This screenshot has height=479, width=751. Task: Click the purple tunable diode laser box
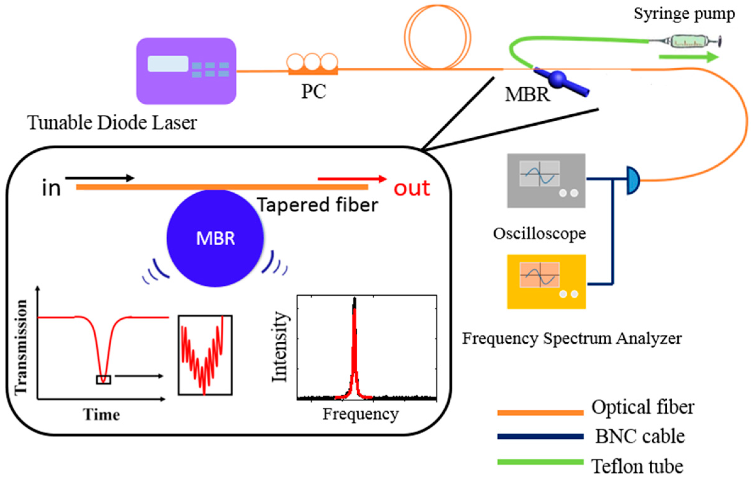[x=186, y=71]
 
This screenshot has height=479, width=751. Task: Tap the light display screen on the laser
[x=168, y=64]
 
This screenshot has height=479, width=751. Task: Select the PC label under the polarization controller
[x=313, y=92]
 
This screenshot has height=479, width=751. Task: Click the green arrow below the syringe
[x=688, y=57]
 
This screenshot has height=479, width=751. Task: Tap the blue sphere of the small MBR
[x=558, y=78]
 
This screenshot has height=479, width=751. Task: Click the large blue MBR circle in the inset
[x=215, y=238]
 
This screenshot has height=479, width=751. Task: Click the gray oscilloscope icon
[x=546, y=180]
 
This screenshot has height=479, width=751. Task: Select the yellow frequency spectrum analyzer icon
[x=546, y=282]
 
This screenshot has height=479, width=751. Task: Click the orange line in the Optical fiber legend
[x=540, y=413]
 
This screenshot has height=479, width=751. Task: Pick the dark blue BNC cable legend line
[x=540, y=436]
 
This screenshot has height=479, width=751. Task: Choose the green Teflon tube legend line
[x=540, y=462]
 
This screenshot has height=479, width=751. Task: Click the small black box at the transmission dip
[x=103, y=379]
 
